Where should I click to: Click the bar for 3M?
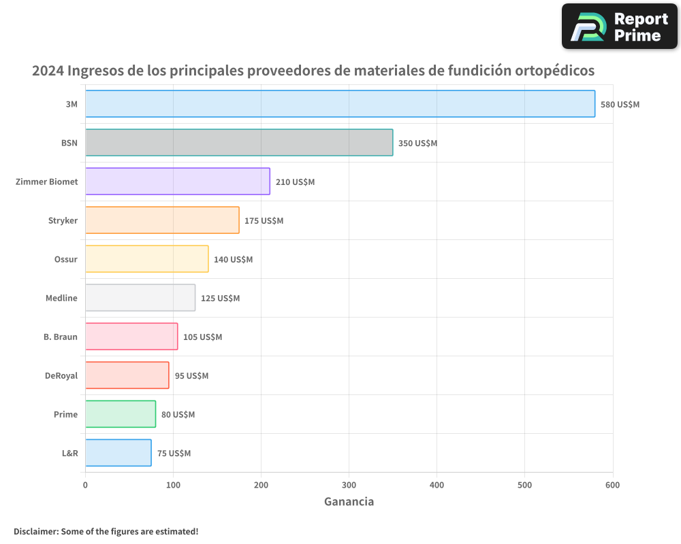click(340, 104)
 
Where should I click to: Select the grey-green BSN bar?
click(239, 143)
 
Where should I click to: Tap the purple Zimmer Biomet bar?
click(178, 182)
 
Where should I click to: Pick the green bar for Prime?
click(121, 414)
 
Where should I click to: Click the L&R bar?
click(118, 453)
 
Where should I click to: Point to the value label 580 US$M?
click(620, 105)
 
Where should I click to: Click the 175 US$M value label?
click(264, 221)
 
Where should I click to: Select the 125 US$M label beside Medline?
click(220, 299)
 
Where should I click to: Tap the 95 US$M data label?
click(191, 376)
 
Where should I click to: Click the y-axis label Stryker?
click(63, 221)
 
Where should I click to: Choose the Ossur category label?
click(65, 260)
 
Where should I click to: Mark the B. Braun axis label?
click(61, 337)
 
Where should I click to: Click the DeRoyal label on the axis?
click(61, 376)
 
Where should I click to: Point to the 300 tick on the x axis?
click(349, 485)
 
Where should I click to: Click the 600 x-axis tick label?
click(612, 485)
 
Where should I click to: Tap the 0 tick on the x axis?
click(85, 485)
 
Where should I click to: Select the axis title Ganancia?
click(349, 502)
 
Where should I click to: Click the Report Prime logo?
click(620, 27)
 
